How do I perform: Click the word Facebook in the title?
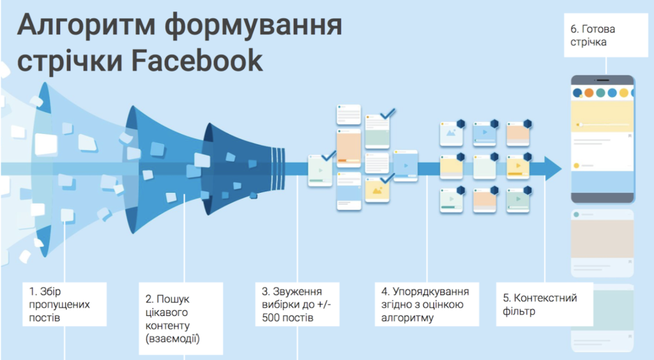click(x=200, y=61)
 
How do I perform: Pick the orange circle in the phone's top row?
click(x=589, y=93)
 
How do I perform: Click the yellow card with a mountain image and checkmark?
click(x=377, y=190)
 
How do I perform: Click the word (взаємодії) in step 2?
click(x=173, y=338)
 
